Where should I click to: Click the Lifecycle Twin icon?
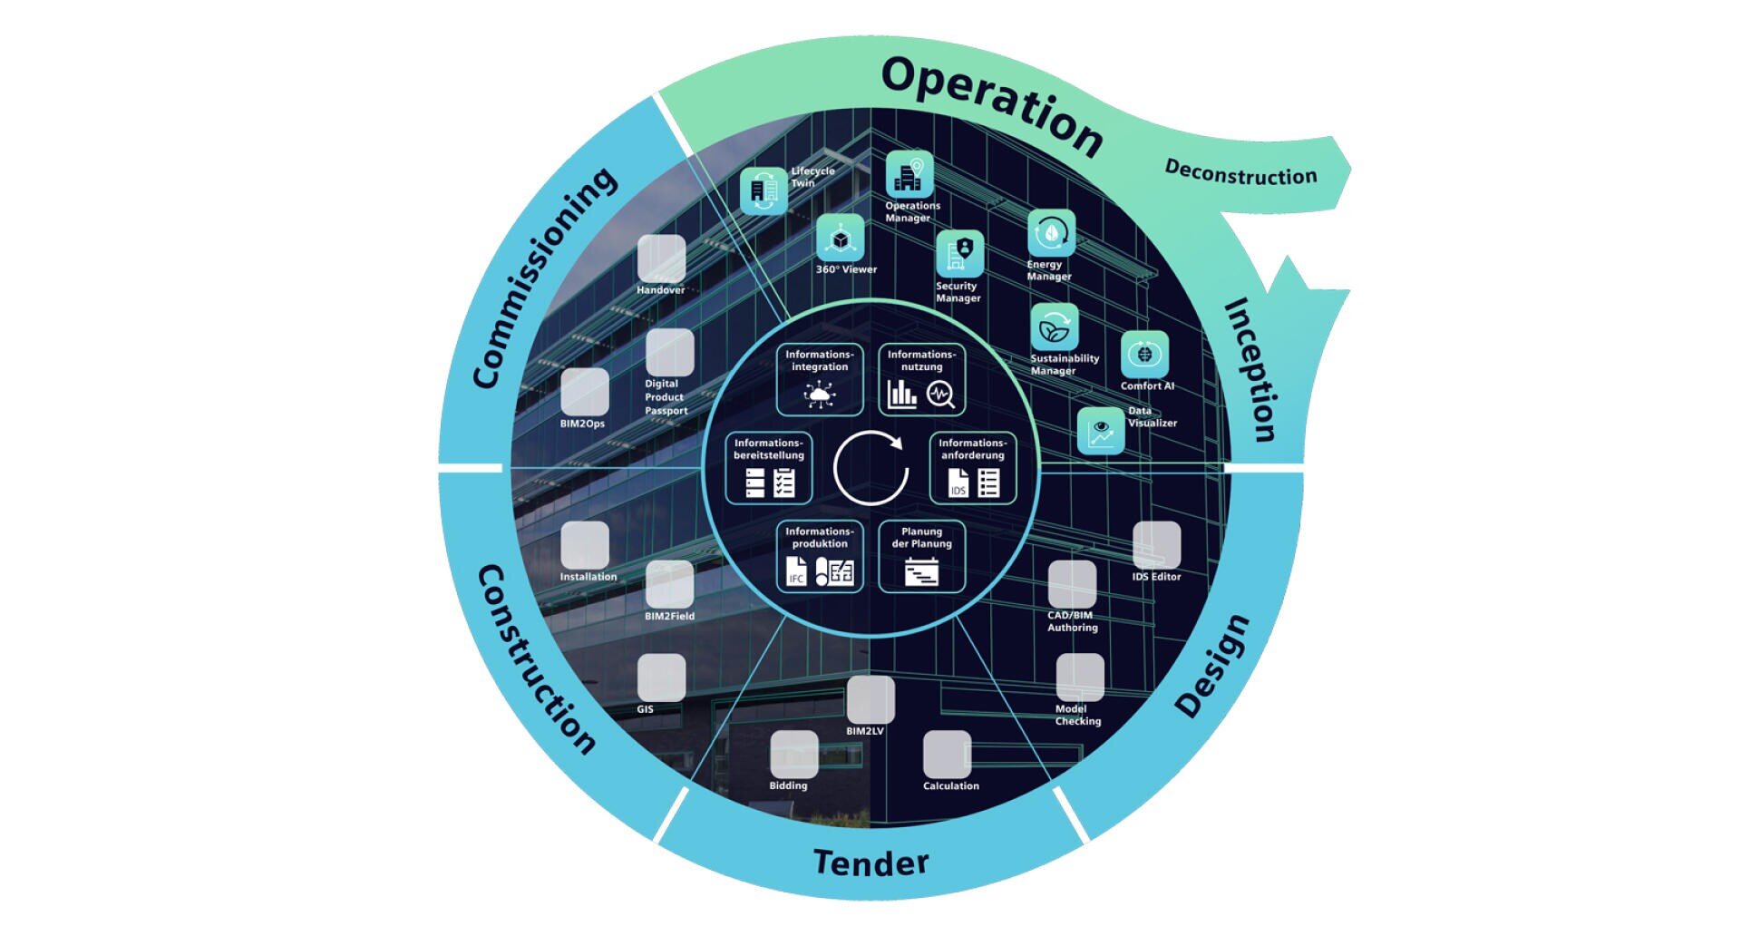coord(764,191)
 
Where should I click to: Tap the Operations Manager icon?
coord(909,174)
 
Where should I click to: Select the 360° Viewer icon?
coord(841,238)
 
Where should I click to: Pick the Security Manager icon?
coord(959,253)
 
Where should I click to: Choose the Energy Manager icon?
coord(1051,233)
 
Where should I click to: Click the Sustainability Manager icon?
coord(1054,327)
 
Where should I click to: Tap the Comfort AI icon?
coord(1144,354)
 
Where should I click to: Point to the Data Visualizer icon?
coord(1101,430)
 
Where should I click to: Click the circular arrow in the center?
coord(870,468)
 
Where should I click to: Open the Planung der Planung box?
coord(921,556)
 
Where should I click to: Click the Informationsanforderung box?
coord(972,468)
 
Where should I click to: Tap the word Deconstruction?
coord(1240,172)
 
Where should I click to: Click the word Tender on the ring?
coord(870,862)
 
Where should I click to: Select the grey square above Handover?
coord(661,258)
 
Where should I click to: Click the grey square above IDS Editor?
coord(1156,544)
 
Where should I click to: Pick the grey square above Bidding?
coord(793,754)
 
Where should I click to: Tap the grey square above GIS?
coord(661,678)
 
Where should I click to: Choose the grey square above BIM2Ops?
coord(585,392)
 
